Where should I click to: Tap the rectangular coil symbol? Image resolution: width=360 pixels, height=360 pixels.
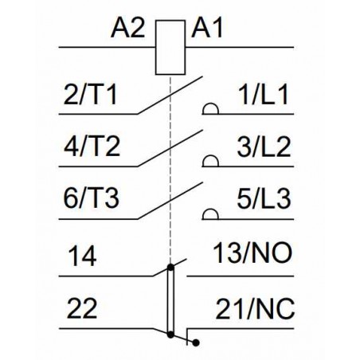tap(170, 47)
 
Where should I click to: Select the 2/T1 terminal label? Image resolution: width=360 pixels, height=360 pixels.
tap(90, 95)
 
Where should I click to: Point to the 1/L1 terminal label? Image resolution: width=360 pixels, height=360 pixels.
tap(263, 95)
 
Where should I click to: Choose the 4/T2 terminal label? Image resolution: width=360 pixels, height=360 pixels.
tap(92, 147)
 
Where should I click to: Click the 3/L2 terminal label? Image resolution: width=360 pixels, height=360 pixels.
tap(264, 147)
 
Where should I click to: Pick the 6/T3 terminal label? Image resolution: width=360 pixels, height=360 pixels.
tap(92, 198)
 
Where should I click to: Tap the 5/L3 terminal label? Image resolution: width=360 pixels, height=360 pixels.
tap(264, 198)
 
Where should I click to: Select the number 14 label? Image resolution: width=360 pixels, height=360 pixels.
tap(82, 256)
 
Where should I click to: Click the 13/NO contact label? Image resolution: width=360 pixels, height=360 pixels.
tap(252, 253)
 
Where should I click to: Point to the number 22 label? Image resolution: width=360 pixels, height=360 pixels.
tap(82, 308)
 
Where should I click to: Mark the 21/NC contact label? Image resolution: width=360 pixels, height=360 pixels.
tap(255, 308)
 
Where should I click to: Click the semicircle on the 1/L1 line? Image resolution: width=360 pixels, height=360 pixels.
tap(210, 104)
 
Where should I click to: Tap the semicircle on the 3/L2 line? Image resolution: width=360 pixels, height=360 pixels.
tap(210, 156)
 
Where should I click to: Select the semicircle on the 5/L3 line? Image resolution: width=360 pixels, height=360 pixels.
tap(210, 209)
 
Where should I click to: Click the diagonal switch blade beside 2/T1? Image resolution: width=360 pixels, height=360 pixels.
tap(170, 96)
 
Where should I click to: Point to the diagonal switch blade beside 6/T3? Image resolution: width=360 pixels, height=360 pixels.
tap(170, 201)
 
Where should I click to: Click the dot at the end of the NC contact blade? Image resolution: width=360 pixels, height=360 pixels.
tap(196, 342)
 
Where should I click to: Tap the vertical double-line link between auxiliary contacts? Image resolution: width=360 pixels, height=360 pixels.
tap(170, 301)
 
